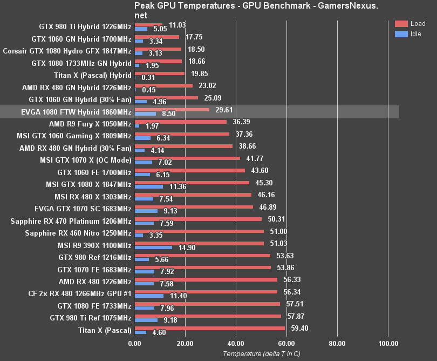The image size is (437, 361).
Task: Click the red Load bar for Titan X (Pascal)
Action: click(209, 327)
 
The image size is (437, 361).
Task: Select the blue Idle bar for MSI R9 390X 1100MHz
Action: click(153, 248)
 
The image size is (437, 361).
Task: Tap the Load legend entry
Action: click(410, 24)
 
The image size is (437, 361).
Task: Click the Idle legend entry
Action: click(410, 34)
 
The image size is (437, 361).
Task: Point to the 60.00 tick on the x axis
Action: click(286, 343)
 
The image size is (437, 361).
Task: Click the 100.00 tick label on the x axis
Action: click(387, 343)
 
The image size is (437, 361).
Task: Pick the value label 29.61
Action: click(223, 110)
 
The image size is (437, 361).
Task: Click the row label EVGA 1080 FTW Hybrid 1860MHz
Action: click(68, 112)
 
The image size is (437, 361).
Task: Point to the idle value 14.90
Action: click(186, 248)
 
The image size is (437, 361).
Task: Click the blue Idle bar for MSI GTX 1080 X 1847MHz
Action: click(148, 186)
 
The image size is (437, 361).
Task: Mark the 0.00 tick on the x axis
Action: click(134, 343)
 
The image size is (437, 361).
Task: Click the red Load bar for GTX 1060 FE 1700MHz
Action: click(189, 170)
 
